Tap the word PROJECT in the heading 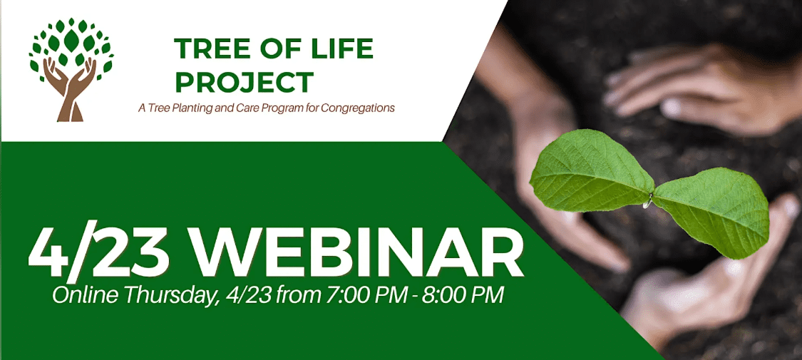pos(245,82)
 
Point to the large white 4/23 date pos(99,256)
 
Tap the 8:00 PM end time pos(463,296)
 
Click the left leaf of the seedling pos(591,171)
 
